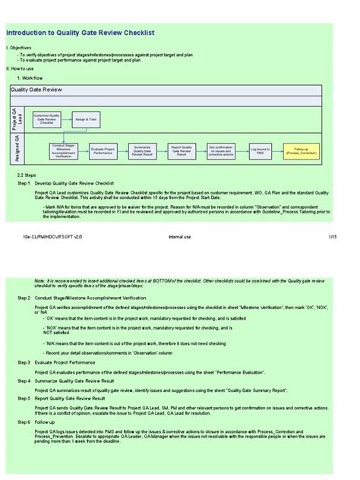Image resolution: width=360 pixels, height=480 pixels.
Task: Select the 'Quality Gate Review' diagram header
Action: point(36,90)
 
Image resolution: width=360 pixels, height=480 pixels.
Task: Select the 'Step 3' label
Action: point(24,364)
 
